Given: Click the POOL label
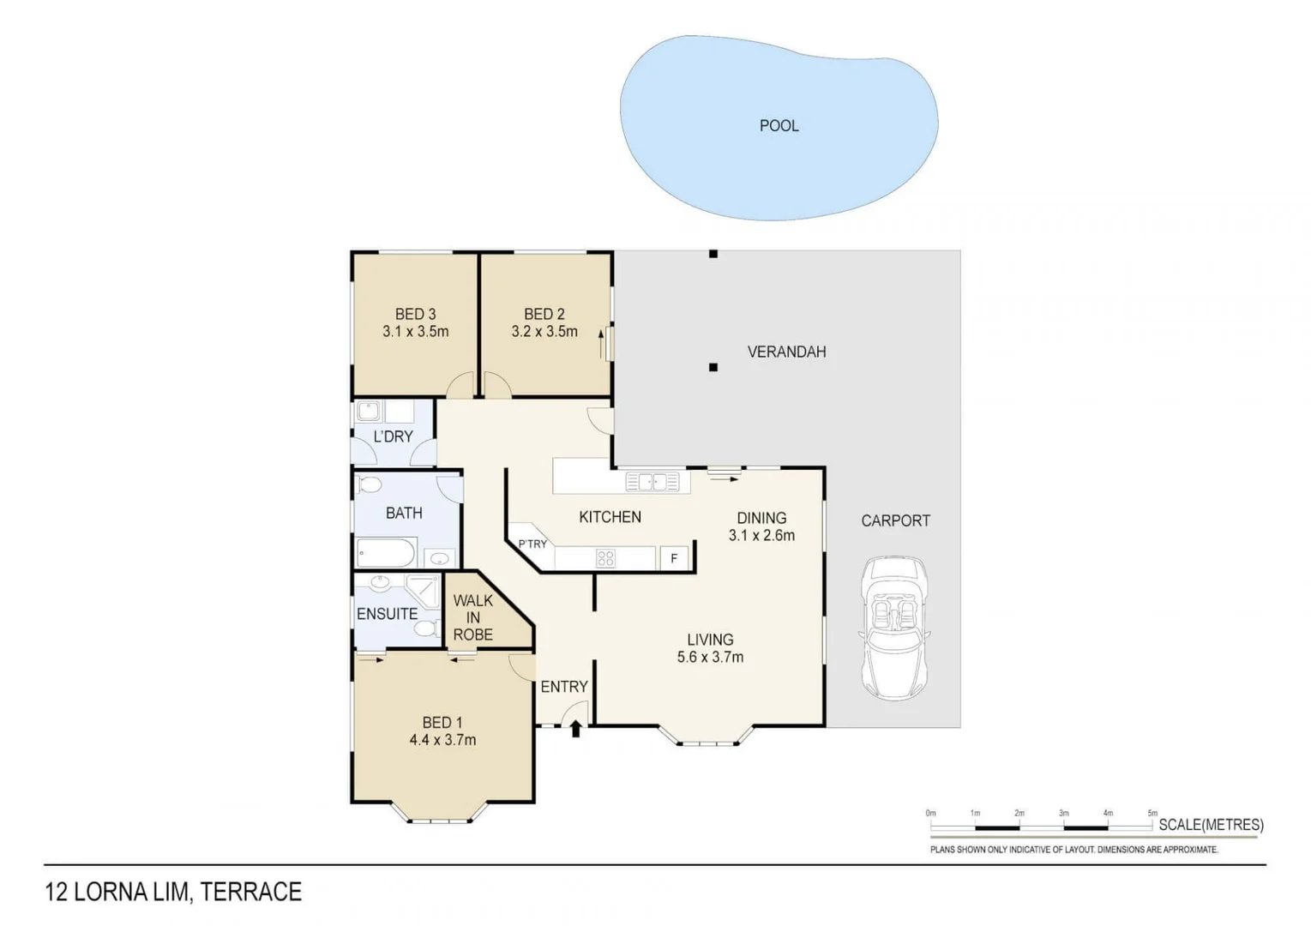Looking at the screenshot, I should pos(779,126).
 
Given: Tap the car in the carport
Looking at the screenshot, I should pos(894,628).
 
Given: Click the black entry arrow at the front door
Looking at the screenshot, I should pos(575,729).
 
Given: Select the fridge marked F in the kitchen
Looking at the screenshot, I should pos(674,558).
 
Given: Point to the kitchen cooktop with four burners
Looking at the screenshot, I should pos(605,558).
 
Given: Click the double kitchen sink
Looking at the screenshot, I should pos(652,482).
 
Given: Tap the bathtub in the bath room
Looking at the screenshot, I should pos(386,553).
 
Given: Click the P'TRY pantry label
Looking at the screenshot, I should pos(532,544).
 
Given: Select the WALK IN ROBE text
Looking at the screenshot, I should pos(473,617).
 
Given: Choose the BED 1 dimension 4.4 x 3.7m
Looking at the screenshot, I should pos(442,740).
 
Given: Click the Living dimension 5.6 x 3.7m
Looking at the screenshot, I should pos(710,658).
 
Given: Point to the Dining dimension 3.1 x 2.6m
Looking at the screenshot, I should pos(761,536).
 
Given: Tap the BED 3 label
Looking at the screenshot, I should pos(415,315).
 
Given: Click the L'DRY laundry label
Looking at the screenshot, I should pos(393,436).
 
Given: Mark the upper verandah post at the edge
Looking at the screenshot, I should pos(713,254).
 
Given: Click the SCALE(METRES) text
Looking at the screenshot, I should pos(1211,825).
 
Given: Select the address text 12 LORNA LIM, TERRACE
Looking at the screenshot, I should pos(173,893).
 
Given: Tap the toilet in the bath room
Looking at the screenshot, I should pos(370,485).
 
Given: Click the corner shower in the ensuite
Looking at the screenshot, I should pos(423,591).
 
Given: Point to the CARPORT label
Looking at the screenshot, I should pos(895,520).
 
